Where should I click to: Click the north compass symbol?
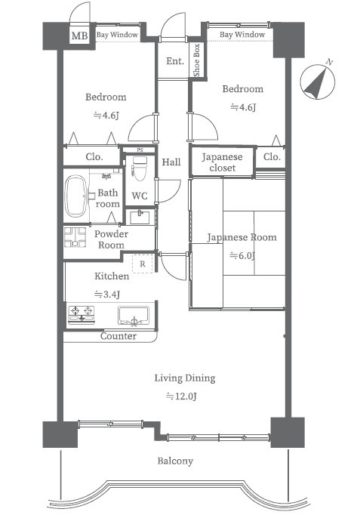pos(317,81)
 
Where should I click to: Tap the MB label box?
pos(79,35)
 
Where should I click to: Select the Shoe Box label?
pos(196,60)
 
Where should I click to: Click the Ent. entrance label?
pos(175,61)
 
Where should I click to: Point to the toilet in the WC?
pos(140,168)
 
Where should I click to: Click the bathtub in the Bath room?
pos(75,196)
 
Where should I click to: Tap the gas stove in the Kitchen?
pos(82,314)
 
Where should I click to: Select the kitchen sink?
pos(134,316)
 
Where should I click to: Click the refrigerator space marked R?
pos(143,264)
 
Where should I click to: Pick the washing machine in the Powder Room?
pos(75,237)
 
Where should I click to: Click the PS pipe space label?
pos(140,150)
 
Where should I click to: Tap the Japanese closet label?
pos(222,162)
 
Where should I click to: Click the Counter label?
pos(118,336)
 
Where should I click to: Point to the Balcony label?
pos(175,461)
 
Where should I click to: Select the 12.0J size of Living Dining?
pos(181,396)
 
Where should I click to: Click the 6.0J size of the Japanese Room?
pos(242,255)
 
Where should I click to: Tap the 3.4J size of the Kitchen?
pos(107,294)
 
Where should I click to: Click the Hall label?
pos(171,162)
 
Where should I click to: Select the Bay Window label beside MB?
pos(117,35)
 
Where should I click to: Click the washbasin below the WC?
pos(140,217)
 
